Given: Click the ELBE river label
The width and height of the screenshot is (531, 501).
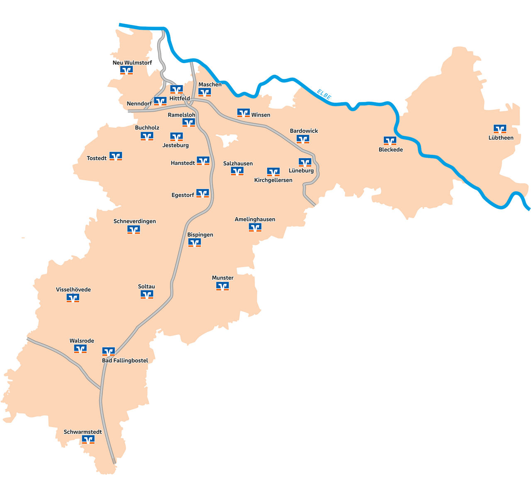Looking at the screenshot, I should click(324, 95).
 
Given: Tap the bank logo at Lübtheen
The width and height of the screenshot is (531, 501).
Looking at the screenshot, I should click(499, 129).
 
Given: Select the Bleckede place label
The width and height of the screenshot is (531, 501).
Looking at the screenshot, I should click(390, 150).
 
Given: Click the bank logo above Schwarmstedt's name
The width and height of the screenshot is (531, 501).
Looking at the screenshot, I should click(88, 439).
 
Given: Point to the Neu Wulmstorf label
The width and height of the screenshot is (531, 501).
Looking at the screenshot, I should click(132, 63).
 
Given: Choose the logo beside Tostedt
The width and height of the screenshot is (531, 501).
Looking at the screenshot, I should click(116, 156).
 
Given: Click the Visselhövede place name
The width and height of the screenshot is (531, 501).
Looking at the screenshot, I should click(73, 290).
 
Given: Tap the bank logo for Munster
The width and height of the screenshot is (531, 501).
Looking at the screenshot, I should click(222, 286).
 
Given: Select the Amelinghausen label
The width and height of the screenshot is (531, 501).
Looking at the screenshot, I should click(255, 219).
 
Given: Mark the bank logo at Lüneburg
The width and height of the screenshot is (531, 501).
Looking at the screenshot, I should click(305, 162).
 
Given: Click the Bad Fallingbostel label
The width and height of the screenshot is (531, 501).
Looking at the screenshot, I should click(125, 361).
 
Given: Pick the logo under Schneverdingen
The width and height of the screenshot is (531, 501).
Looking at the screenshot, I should click(134, 230).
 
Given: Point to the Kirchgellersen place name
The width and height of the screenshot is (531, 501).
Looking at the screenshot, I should click(273, 180).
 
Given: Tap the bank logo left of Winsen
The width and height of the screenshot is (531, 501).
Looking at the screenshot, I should click(244, 113).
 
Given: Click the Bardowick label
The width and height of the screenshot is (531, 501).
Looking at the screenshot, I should click(304, 131).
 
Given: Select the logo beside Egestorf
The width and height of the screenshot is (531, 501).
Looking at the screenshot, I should click(202, 193).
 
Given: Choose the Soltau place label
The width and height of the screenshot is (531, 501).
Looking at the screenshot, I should click(146, 286).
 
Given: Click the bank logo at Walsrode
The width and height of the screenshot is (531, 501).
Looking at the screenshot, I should click(80, 349).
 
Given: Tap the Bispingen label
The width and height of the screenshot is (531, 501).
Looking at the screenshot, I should click(200, 235).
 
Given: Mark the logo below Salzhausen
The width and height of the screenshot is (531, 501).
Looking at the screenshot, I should click(237, 171).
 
